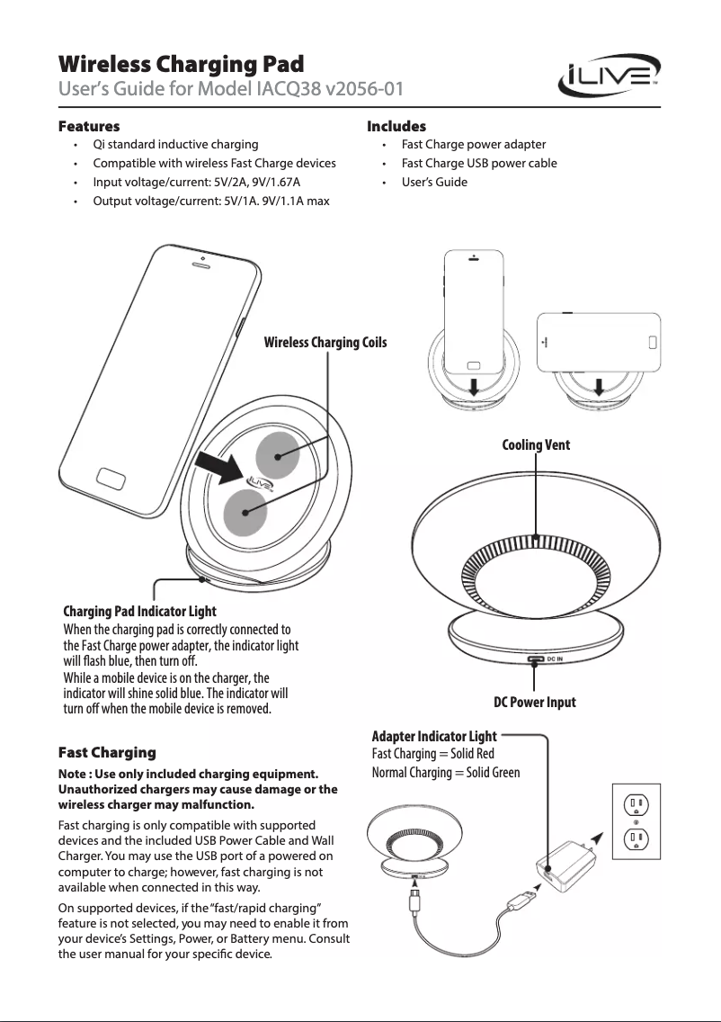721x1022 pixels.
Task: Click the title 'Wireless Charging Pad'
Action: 181,65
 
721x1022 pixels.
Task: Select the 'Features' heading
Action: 88,126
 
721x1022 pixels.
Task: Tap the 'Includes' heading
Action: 396,126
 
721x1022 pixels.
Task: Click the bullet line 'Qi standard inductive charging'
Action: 175,144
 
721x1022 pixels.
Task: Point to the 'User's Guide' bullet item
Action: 434,182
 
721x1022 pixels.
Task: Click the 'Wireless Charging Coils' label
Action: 325,342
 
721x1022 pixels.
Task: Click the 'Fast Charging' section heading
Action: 106,752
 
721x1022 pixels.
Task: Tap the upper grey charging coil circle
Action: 279,456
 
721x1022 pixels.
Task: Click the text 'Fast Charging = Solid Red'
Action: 432,754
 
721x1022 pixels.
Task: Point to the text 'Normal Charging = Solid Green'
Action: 445,772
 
